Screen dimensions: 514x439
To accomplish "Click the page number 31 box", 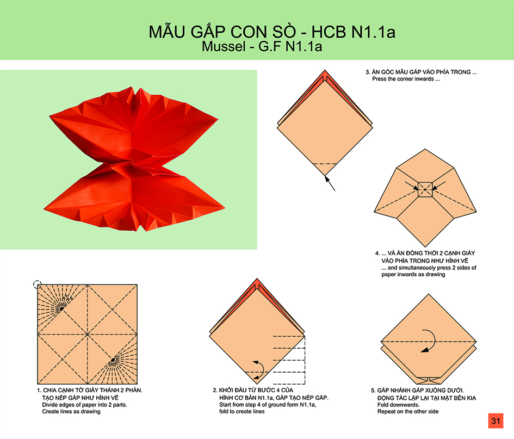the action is coord(496,421).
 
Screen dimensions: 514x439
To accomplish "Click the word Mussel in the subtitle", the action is coord(223,46).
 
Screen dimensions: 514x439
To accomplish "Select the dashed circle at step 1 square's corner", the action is coord(38,285).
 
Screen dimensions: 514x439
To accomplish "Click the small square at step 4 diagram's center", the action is coord(425,189).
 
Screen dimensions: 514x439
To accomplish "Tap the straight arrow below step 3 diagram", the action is coord(330,183).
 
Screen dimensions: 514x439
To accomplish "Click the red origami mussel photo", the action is coord(134,159).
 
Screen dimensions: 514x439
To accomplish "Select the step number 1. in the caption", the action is coord(39,390).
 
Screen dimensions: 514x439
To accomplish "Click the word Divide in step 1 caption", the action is coord(50,405).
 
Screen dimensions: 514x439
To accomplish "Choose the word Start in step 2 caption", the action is coord(225,405).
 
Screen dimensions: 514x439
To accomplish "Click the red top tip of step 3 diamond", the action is coord(325,70).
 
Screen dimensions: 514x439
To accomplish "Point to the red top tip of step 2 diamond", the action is coord(257,279).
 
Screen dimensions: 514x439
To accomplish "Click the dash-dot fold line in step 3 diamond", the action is coord(325,163).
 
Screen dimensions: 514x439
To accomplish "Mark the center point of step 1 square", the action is coord(87,334).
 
